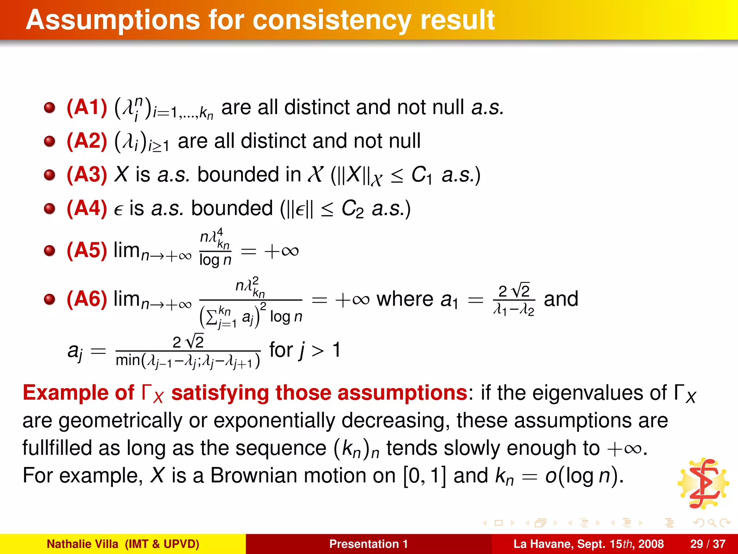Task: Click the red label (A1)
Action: [87, 107]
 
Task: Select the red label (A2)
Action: [87, 141]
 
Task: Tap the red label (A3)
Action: [87, 175]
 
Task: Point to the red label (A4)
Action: [87, 208]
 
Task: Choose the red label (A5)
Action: [87, 250]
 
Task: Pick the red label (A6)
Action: [87, 299]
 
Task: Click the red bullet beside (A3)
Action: [49, 175]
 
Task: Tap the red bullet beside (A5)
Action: [49, 251]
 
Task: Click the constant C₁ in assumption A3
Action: [422, 176]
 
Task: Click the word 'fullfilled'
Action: [57, 448]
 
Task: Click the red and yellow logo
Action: [703, 484]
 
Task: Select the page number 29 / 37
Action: [708, 544]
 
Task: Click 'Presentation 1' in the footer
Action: [368, 544]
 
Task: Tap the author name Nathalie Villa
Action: [83, 544]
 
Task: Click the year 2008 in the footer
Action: [649, 544]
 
